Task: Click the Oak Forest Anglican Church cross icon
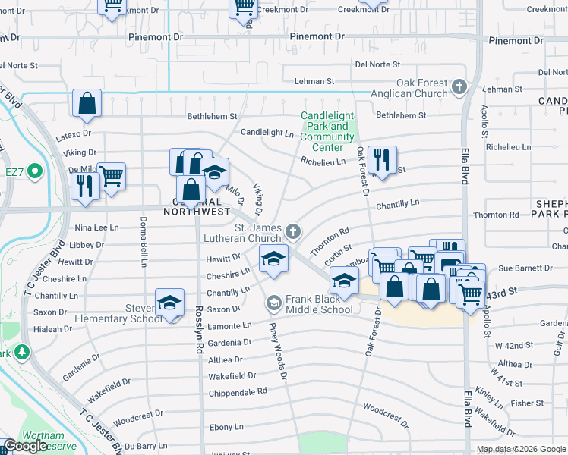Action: click(459, 88)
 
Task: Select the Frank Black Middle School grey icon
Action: click(273, 303)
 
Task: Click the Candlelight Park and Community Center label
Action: click(327, 131)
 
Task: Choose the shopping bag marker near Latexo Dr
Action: click(87, 103)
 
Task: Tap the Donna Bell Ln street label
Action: click(143, 242)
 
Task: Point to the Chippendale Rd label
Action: click(238, 391)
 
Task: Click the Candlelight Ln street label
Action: click(267, 132)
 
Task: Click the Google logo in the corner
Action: click(26, 446)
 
